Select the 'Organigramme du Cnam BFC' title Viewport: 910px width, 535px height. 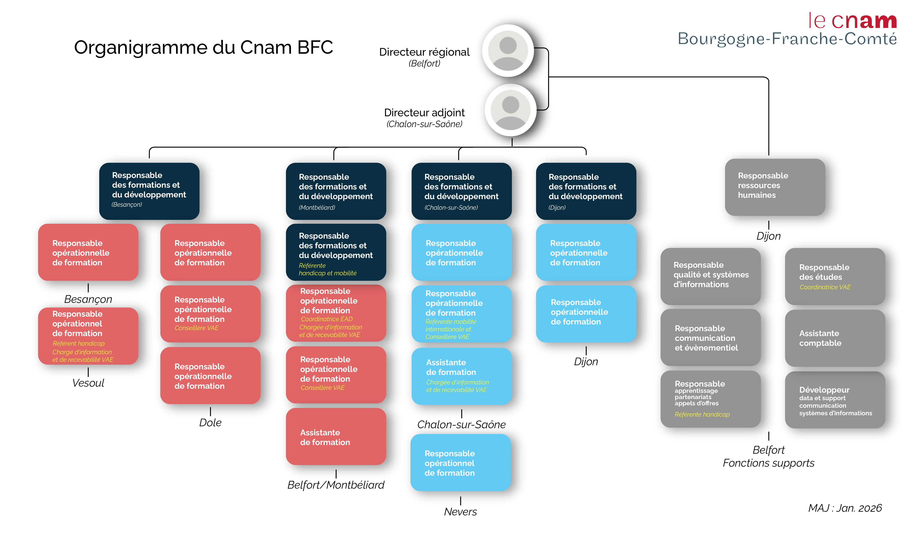[203, 47]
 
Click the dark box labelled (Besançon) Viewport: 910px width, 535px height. [149, 191]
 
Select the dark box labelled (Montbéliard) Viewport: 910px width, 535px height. [336, 191]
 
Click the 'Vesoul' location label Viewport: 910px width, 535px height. [88, 383]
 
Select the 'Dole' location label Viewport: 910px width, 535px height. [210, 422]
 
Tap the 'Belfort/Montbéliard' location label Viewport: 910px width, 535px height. [336, 485]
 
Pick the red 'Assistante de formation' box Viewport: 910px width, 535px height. [336, 437]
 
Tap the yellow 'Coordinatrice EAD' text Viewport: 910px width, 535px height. [326, 319]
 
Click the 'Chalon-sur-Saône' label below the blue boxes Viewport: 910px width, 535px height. [461, 425]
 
